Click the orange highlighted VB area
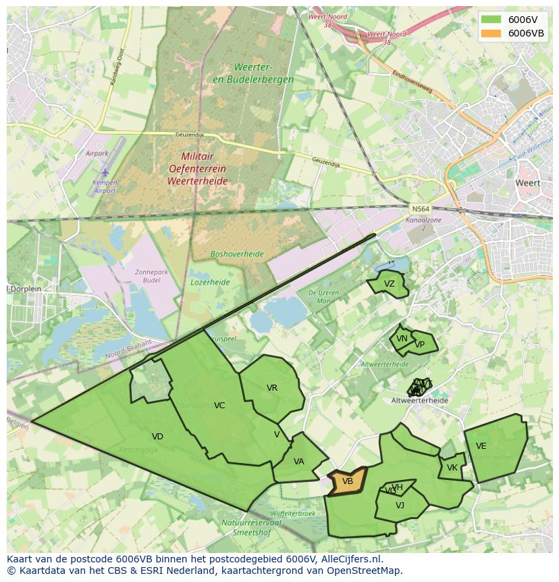[x=347, y=481]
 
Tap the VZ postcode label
[x=389, y=284]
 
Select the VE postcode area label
[x=481, y=446]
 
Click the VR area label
[x=272, y=388]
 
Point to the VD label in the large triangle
[x=157, y=437]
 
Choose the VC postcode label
[x=219, y=406]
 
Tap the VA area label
[x=299, y=462]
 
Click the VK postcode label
[x=452, y=468]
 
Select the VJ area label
[x=400, y=505]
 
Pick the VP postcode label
[x=420, y=344]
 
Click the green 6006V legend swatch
[x=491, y=20]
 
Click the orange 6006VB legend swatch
[x=491, y=33]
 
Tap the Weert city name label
[x=527, y=183]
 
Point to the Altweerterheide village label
[x=419, y=400]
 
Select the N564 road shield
[x=419, y=209]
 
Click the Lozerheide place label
[x=210, y=282]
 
